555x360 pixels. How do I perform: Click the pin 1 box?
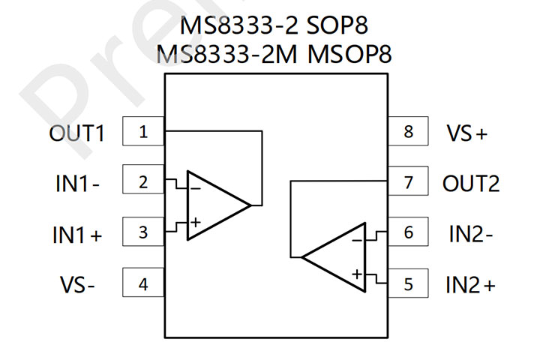coord(143,133)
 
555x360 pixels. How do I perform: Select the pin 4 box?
coord(143,285)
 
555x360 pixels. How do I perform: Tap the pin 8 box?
coord(408,133)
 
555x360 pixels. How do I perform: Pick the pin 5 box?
coord(408,285)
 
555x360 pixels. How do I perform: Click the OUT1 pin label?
coord(76,133)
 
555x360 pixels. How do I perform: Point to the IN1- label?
coord(76,184)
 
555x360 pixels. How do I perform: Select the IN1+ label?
coord(76,235)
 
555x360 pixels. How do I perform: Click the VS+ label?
coord(467,133)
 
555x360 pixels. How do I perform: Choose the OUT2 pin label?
coord(471,184)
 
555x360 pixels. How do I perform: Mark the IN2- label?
coord(471,234)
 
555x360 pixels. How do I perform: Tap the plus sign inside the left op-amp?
coord(195,221)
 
